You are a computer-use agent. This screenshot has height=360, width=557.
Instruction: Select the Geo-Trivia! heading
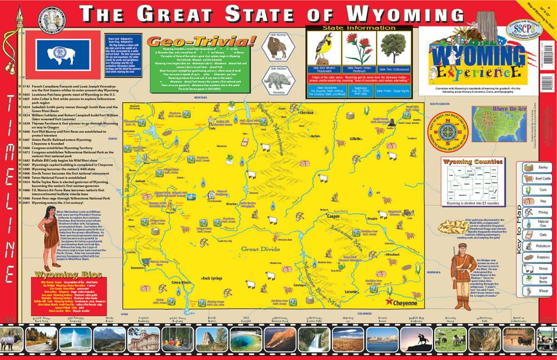201,42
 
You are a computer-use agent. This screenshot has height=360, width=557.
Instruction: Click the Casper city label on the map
334,216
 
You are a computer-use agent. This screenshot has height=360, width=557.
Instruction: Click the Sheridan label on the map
307,112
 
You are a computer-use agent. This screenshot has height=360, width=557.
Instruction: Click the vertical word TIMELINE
9,186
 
